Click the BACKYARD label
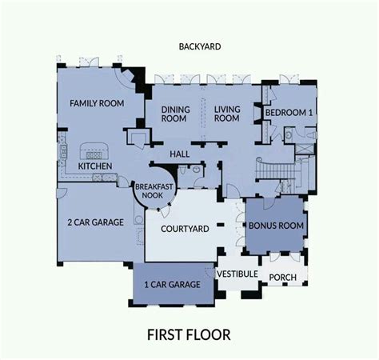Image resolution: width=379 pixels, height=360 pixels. click(200, 46)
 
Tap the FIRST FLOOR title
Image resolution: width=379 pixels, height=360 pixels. click(189, 335)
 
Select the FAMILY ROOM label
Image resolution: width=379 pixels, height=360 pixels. click(97, 103)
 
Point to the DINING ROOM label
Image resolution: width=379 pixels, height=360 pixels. click(176, 114)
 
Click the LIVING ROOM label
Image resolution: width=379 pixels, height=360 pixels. click(227, 114)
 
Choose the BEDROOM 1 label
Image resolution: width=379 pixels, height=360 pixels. click(289, 113)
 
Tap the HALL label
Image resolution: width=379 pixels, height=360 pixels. click(180, 154)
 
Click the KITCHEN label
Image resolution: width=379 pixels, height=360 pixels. click(95, 166)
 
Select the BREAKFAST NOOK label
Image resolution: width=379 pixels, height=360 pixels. click(154, 191)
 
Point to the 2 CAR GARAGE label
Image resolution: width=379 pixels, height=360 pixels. click(95, 222)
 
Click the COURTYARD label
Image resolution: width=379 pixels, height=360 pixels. click(185, 229)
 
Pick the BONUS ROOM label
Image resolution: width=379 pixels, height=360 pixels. click(276, 226)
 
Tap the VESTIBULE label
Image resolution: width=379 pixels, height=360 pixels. click(237, 274)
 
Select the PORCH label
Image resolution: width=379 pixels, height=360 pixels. click(282, 278)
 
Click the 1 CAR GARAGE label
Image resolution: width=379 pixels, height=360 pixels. click(172, 285)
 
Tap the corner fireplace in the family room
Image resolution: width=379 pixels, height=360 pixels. click(129, 75)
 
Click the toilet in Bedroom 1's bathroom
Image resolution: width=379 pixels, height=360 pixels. click(312, 134)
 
